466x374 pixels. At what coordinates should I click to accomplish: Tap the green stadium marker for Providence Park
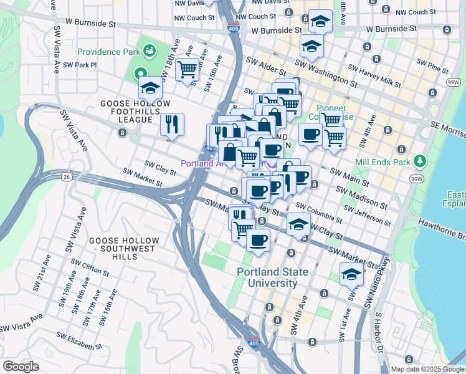[149, 49]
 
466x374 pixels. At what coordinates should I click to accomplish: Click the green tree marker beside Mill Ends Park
[420, 161]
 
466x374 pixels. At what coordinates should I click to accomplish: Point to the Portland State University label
[268, 277]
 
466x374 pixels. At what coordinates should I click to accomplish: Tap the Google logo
[21, 367]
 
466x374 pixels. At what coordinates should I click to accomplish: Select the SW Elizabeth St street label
[78, 341]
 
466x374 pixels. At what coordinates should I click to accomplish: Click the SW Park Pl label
[80, 65]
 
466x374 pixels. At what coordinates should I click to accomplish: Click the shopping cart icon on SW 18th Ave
[187, 69]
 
